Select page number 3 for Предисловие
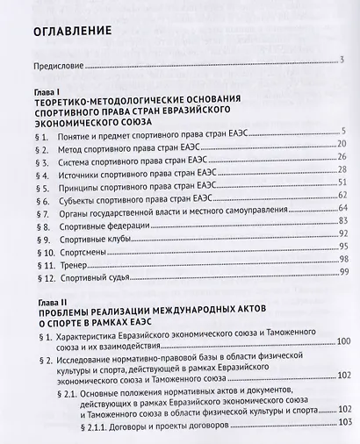tap(342, 61)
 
